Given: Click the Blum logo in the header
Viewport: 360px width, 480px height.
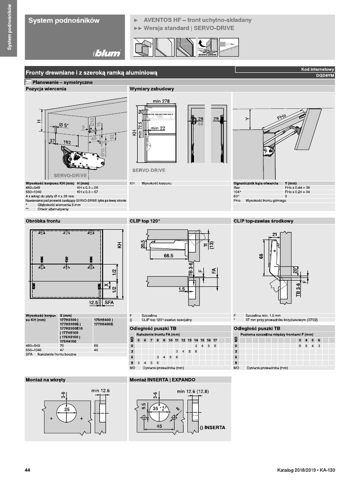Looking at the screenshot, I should [107, 53].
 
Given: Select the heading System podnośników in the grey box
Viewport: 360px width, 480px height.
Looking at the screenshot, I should [64, 21].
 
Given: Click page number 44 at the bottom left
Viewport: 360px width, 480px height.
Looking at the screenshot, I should [28, 470].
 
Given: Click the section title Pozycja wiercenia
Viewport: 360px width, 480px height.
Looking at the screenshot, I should [46, 89].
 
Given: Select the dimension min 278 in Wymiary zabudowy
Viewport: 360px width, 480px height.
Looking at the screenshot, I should [161, 101].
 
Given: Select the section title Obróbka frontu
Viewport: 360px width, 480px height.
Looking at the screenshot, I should [43, 220].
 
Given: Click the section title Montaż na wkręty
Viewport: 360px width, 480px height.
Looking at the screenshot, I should [45, 379].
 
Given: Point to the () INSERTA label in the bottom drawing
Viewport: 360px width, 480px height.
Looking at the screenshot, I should [211, 427].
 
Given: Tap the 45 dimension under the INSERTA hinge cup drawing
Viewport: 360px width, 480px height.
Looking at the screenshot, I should [159, 427].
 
